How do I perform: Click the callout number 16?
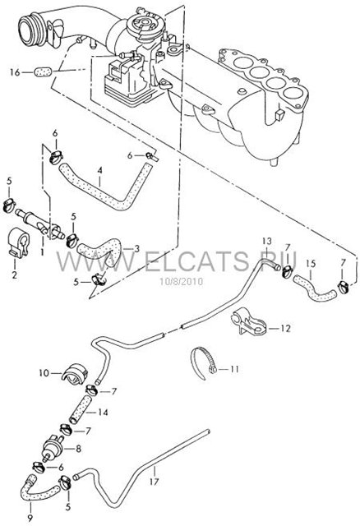tap(15, 72)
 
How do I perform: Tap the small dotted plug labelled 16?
tap(43, 72)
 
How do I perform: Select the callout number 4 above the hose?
tap(99, 170)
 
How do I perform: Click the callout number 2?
tap(15, 275)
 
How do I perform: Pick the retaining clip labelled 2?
tap(18, 242)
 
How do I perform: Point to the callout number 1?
tap(42, 251)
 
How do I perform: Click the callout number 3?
tap(136, 248)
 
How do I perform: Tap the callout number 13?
tap(267, 241)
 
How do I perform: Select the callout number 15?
tap(311, 264)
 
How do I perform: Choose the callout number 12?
tap(285, 328)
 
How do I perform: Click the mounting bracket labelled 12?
tap(248, 321)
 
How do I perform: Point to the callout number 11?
tap(234, 369)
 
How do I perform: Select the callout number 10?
tap(44, 372)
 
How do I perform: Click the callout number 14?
tap(103, 412)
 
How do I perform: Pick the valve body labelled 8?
tap(53, 448)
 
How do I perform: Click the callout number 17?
tap(154, 482)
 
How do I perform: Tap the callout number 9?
tap(30, 518)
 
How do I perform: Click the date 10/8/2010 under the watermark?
tap(182, 281)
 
